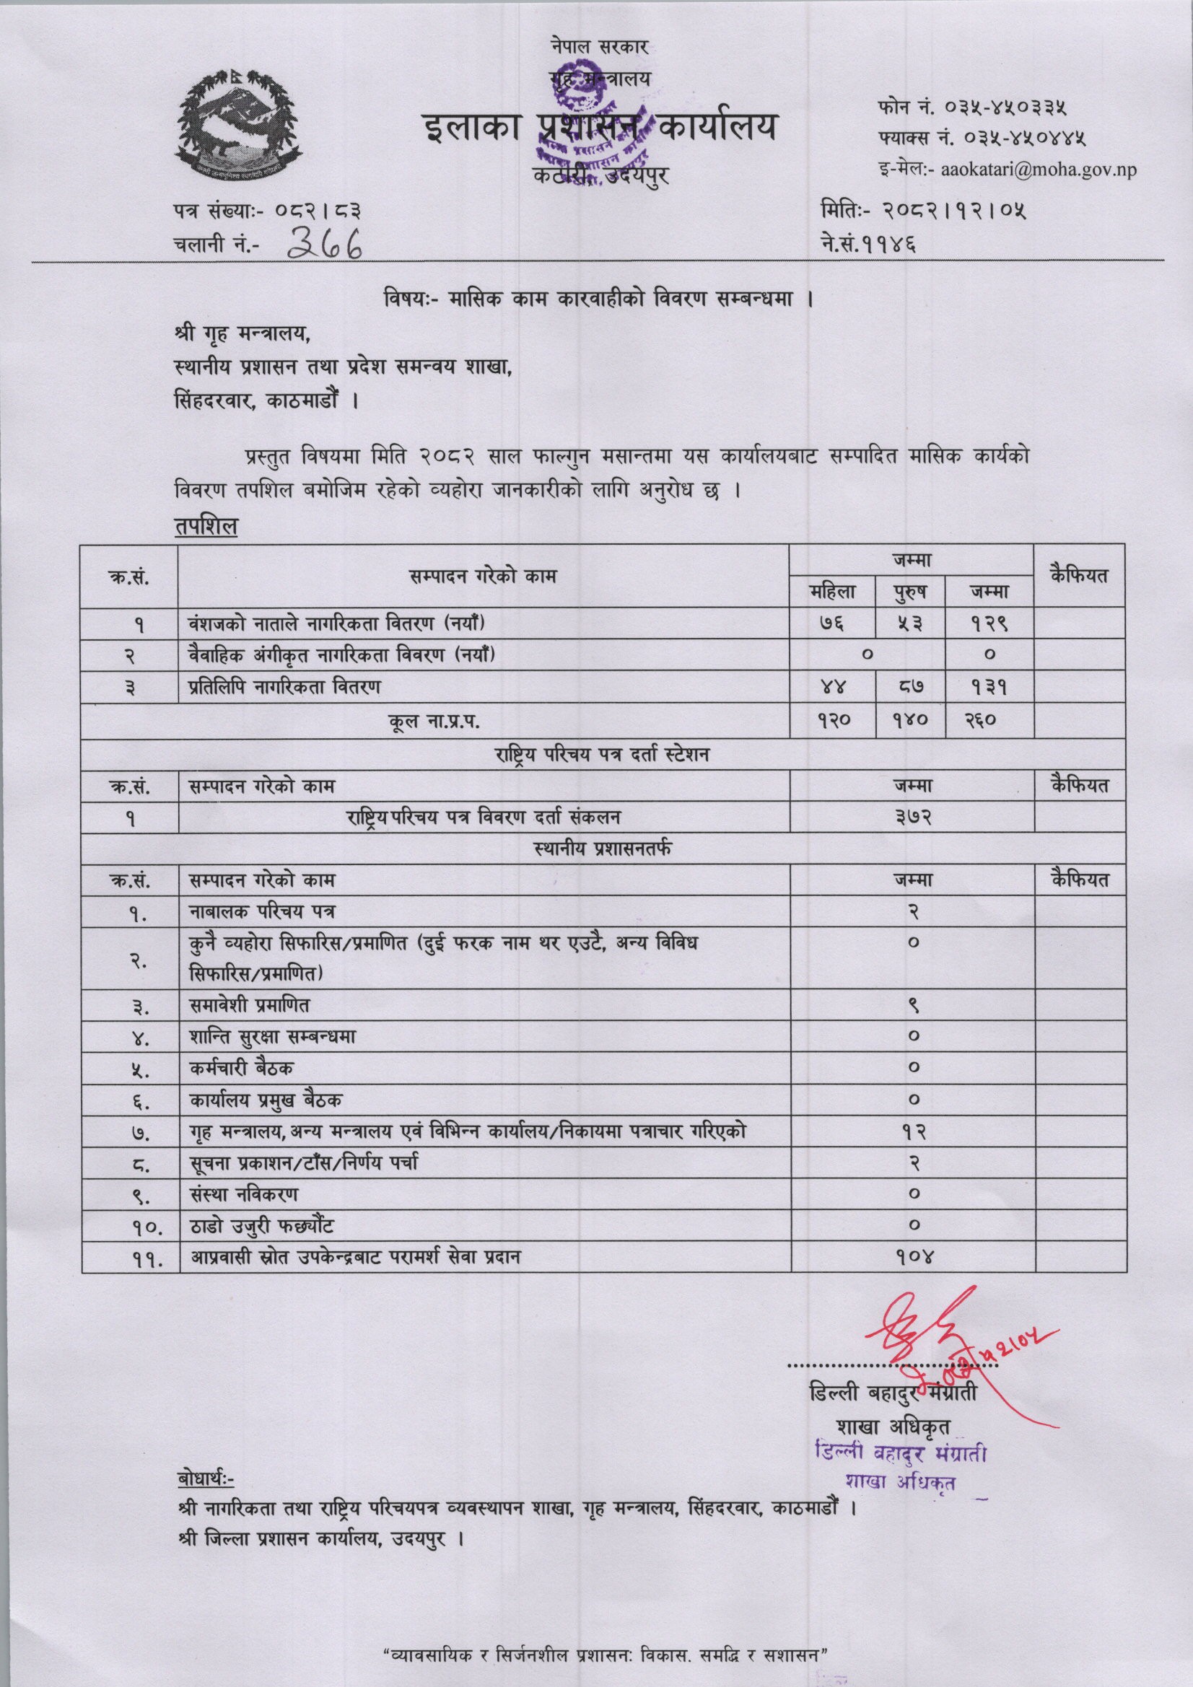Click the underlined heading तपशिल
[205, 528]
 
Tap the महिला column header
[831, 591]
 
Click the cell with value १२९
[989, 624]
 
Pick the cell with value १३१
[989, 688]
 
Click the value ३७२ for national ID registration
[912, 816]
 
